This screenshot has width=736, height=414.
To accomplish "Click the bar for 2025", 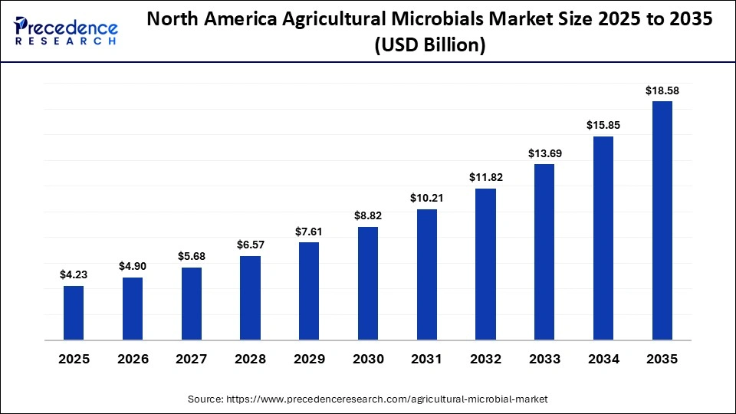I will pyautogui.click(x=74, y=313).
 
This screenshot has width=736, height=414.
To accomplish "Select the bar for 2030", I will pyautogui.click(x=368, y=283).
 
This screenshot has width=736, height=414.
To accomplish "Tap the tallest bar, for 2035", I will pyautogui.click(x=662, y=220).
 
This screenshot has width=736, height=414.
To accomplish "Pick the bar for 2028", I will pyautogui.click(x=250, y=297).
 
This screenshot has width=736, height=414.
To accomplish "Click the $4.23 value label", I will pyautogui.click(x=74, y=274).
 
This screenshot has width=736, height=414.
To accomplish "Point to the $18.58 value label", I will pyautogui.click(x=662, y=90).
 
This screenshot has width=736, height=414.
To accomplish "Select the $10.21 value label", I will pyautogui.click(x=427, y=198).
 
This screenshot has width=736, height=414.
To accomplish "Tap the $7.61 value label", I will pyautogui.click(x=309, y=232).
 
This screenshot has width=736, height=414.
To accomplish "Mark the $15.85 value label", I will pyautogui.click(x=603, y=125).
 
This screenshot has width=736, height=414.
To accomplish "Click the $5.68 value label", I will pyautogui.click(x=192, y=256).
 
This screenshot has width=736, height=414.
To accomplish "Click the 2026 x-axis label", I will pyautogui.click(x=133, y=359).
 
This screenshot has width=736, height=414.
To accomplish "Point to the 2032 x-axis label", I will pyautogui.click(x=486, y=359).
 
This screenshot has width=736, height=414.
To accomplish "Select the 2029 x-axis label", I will pyautogui.click(x=309, y=359).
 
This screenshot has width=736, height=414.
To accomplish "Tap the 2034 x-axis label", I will pyautogui.click(x=603, y=359).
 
